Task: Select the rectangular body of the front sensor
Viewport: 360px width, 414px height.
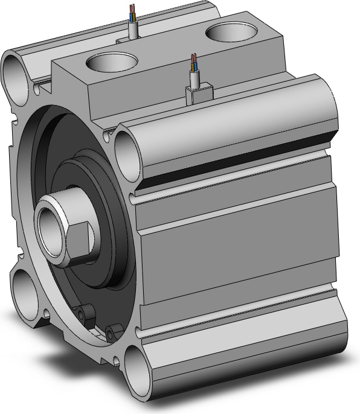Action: (x=199, y=94)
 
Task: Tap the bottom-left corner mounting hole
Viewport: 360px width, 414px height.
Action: (x=24, y=289)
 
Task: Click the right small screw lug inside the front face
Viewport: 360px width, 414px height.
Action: (x=111, y=333)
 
